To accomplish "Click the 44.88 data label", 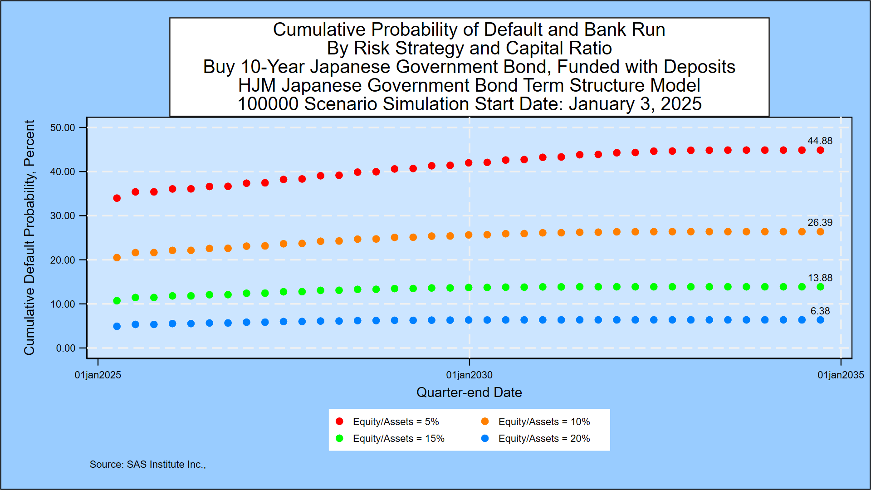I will [819, 141].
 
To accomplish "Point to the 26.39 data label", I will [819, 223].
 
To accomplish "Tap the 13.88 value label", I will [820, 278].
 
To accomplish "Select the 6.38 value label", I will [820, 311].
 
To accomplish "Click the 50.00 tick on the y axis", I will [63, 128].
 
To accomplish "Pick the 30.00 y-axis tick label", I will [63, 216].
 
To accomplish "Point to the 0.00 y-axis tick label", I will [65, 348].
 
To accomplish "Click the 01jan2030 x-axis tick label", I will [469, 375].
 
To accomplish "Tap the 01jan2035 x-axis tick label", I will [840, 375].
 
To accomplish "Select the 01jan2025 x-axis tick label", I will [98, 375].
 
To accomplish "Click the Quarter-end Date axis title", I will [469, 392].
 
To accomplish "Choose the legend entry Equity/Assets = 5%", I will [396, 422].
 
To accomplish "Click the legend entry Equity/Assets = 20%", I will [543, 439].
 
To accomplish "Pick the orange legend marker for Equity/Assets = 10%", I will [485, 421].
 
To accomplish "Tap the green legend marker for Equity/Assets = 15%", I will [339, 439].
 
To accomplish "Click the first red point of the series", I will [117, 198].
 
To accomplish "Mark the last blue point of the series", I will [820, 320].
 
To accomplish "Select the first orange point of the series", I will [117, 258].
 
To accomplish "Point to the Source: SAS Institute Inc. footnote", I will [147, 465].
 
